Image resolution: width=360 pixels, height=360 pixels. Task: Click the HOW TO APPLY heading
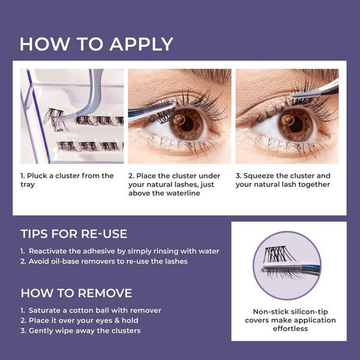(x=96, y=44)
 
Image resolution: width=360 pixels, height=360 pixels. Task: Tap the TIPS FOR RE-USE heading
(x=74, y=233)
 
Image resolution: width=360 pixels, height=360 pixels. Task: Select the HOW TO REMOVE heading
(x=76, y=293)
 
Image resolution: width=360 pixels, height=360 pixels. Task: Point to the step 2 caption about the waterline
(x=175, y=184)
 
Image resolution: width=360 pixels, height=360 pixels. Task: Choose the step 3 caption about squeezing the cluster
(x=283, y=180)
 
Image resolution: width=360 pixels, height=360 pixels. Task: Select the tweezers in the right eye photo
(x=316, y=91)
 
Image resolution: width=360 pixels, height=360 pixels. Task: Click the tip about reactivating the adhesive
(x=120, y=251)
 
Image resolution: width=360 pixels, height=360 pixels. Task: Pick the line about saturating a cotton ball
(x=91, y=310)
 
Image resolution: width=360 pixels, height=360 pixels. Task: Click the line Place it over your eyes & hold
(x=83, y=320)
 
